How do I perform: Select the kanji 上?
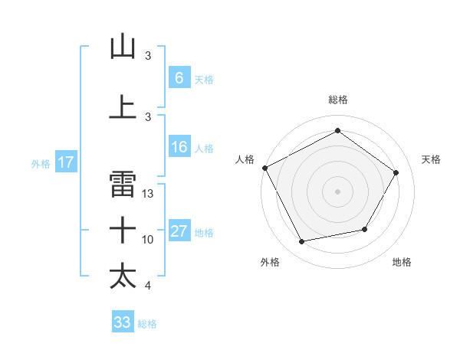[x=123, y=106]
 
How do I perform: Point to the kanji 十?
[x=123, y=229]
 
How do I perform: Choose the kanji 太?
[x=123, y=275]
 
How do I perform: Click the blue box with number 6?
[x=179, y=78]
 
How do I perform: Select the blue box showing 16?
[x=179, y=147]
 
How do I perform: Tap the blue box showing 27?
[x=179, y=231]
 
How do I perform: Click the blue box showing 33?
[x=122, y=322]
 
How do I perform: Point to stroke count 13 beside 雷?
[x=148, y=194]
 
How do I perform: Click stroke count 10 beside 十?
[x=148, y=240]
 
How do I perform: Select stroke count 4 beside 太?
[x=148, y=286]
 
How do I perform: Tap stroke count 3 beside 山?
[x=148, y=56]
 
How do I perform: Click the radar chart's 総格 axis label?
[x=337, y=100]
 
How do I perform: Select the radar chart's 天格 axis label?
[x=431, y=159]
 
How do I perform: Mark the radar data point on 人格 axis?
[x=264, y=168]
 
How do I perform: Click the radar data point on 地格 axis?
[x=365, y=229]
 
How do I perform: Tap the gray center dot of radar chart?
[x=337, y=191]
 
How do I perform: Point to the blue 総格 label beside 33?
[x=147, y=324]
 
